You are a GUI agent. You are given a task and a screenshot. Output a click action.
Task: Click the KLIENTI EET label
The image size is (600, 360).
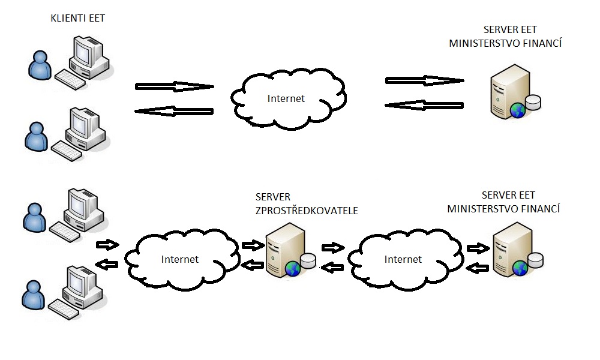(78, 19)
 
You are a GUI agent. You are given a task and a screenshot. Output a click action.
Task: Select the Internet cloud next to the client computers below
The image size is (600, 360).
(179, 259)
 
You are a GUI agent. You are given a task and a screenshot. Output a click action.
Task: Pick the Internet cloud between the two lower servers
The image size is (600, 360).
(403, 259)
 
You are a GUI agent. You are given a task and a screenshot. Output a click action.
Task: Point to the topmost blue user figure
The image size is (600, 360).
(39, 64)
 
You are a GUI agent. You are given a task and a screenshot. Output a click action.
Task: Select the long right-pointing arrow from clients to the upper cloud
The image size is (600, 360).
(174, 86)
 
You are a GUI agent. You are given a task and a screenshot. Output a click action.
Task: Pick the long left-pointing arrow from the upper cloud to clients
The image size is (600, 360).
(174, 111)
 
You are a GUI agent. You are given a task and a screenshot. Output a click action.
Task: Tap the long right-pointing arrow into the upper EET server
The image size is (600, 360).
(424, 80)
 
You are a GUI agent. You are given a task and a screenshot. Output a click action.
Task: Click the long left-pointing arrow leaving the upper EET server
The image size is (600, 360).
(424, 104)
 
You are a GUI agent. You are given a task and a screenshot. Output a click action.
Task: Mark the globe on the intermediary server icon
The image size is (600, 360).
(293, 268)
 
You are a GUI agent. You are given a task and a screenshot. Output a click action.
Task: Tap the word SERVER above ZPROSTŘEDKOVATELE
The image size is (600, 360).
(273, 197)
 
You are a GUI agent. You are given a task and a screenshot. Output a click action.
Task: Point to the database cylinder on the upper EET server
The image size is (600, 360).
(532, 102)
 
